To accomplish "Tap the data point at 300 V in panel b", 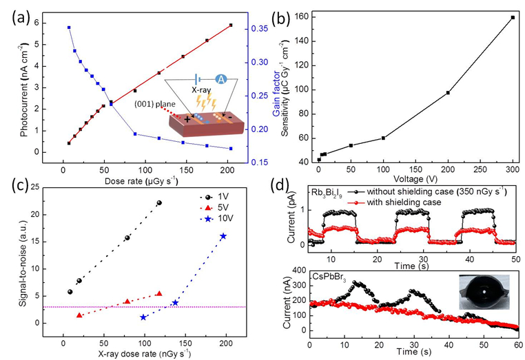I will point(513,18).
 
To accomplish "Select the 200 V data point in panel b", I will point(448,93).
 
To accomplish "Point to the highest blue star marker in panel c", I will point(223,236).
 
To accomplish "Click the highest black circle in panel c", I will point(159,203).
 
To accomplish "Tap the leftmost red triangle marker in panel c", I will point(79,315).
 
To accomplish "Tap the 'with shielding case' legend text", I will point(408,204).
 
